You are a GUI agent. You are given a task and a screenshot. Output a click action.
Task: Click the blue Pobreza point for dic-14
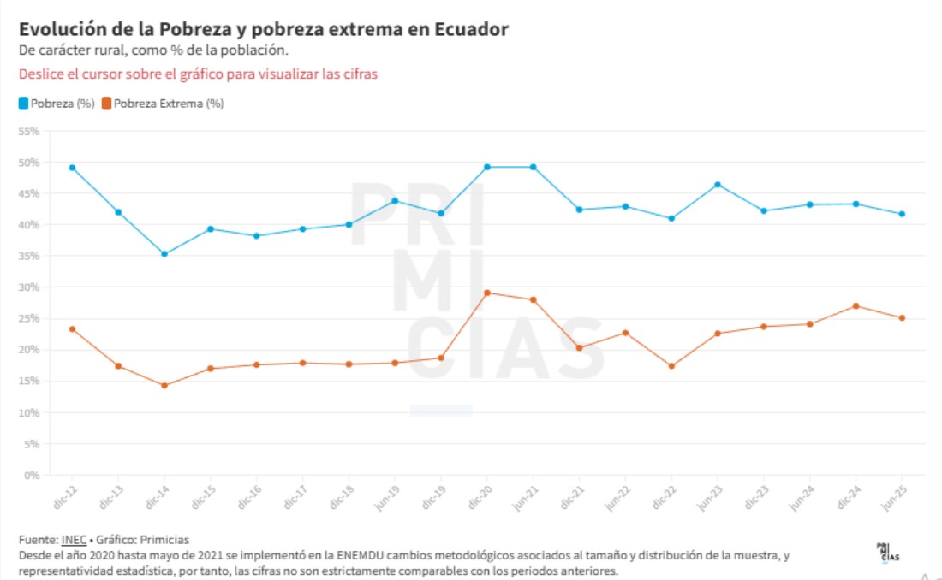(x=164, y=254)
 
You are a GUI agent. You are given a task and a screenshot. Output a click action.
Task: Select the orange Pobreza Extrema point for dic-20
(x=487, y=293)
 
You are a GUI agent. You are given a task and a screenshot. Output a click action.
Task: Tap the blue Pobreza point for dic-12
(x=72, y=168)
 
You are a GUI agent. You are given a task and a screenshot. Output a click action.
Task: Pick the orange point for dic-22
(x=671, y=366)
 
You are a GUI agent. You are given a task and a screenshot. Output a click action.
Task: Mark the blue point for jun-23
(x=718, y=185)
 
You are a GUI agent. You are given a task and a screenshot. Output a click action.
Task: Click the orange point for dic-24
(x=856, y=306)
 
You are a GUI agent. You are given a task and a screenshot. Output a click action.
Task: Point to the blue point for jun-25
(x=902, y=214)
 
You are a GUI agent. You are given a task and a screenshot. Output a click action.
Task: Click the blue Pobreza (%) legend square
(x=24, y=104)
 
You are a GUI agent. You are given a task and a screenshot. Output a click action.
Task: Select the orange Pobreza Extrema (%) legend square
(x=106, y=104)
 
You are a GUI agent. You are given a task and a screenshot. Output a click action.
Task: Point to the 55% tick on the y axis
(x=30, y=132)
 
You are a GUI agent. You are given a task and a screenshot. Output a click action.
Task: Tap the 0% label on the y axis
(x=33, y=475)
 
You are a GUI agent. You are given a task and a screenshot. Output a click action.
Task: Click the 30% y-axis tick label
(x=30, y=287)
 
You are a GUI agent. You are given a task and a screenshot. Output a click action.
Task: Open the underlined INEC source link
(x=72, y=540)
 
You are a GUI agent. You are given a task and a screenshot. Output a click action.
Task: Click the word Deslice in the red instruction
(x=39, y=74)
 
